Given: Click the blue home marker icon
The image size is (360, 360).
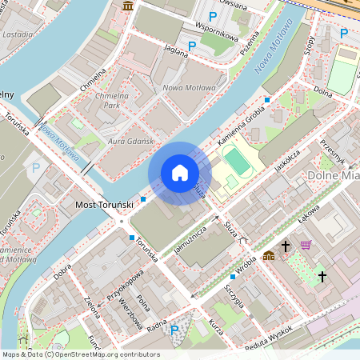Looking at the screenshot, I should [x=180, y=173].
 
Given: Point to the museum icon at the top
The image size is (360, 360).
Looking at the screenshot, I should [x=128, y=7].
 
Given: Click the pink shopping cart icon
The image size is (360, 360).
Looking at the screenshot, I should [x=306, y=245].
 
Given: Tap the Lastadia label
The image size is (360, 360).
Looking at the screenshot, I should [x=18, y=35].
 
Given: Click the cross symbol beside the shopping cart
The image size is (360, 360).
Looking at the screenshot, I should [x=286, y=247].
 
